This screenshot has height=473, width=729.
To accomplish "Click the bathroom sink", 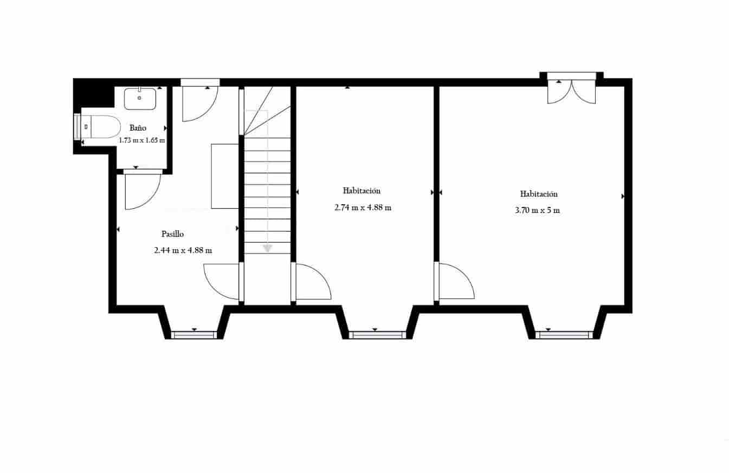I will click(x=140, y=99).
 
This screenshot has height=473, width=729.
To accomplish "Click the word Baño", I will click(x=138, y=128).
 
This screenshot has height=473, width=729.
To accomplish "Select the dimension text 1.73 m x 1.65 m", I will click(x=142, y=140).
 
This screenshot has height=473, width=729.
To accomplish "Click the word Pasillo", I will click(x=173, y=234).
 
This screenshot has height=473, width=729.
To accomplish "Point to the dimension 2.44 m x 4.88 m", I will click(x=183, y=250).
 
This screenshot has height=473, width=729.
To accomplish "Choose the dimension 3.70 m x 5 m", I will click(x=537, y=210).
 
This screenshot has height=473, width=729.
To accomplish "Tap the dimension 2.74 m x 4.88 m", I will click(x=363, y=207).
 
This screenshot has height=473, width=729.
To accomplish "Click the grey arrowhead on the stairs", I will click(x=267, y=248).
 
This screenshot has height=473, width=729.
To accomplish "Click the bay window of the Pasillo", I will click(x=193, y=334).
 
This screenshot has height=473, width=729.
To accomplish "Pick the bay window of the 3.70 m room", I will click(x=562, y=334).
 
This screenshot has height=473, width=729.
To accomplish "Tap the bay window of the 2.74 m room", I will click(x=377, y=334).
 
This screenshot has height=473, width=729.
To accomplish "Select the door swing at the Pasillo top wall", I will click(x=198, y=103).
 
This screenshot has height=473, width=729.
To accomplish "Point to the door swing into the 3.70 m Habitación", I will click(x=455, y=281).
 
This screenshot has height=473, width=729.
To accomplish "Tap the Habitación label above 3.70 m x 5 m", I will click(x=539, y=194).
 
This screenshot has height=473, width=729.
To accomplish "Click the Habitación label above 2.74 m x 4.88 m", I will click(x=362, y=191).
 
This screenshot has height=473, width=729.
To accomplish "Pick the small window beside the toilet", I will click(x=77, y=127).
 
